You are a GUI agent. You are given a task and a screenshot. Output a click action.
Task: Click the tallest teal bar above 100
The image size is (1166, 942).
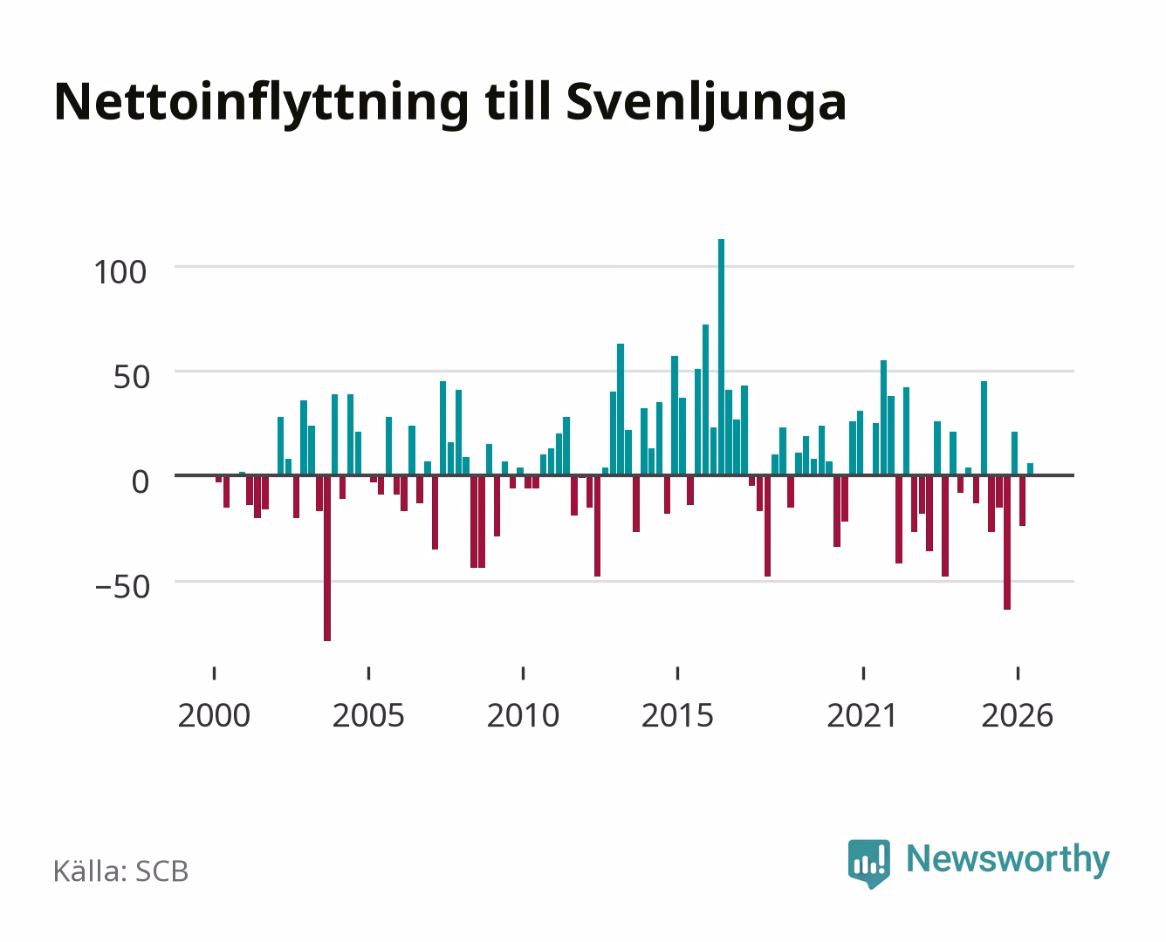tap(721, 358)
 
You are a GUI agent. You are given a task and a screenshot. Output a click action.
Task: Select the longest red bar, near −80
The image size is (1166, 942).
tap(327, 558)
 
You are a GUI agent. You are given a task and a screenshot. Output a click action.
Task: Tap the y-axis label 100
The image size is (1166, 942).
tap(120, 272)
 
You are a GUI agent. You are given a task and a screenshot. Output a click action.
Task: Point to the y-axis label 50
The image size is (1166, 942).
tap(132, 377)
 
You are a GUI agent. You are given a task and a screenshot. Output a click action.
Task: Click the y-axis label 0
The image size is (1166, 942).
tap(141, 482)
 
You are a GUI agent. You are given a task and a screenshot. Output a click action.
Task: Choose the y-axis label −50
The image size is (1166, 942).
tap(122, 587)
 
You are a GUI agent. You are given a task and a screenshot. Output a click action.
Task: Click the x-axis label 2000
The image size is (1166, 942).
tap(214, 715)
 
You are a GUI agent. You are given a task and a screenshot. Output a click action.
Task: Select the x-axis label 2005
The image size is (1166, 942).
tap(368, 715)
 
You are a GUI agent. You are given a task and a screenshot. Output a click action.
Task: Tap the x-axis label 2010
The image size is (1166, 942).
tap(524, 715)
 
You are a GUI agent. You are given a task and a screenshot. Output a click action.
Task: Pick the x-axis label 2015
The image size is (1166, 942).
tap(678, 715)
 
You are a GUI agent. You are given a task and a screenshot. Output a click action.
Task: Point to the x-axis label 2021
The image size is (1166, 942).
tap(862, 715)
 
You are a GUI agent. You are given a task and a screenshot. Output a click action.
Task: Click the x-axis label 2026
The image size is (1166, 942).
tap(1018, 715)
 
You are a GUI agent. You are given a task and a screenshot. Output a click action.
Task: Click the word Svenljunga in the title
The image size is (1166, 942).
tap(706, 104)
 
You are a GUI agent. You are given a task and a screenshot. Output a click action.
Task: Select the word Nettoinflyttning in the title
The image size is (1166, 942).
tap(261, 104)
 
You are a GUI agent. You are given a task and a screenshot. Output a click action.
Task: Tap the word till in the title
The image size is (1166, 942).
tap(518, 102)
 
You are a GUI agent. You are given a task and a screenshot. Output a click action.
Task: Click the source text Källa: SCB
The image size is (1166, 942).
tap(121, 870)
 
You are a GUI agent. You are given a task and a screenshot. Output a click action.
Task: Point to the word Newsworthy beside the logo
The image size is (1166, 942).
tap(1008, 860)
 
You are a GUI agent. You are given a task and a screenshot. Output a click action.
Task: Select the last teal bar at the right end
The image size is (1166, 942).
tap(1030, 469)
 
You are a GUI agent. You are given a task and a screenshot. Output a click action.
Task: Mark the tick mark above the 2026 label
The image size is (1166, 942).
tap(1018, 672)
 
